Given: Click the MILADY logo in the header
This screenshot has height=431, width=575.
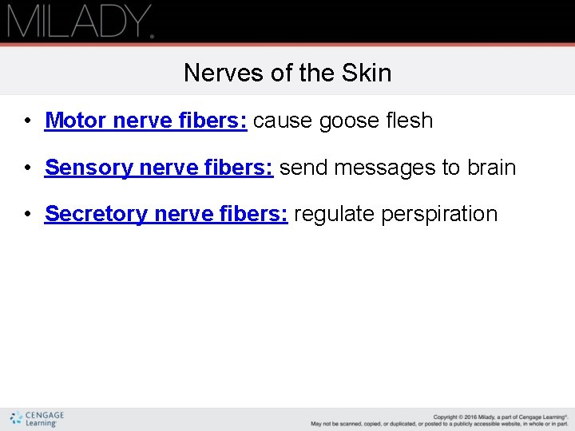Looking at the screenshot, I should (79, 22).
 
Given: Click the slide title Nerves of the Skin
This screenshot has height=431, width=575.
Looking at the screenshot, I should (287, 73).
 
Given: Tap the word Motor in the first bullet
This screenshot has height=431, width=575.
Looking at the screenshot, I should (77, 121).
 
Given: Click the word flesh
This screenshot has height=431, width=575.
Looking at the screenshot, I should (408, 121).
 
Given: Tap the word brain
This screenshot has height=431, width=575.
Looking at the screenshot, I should (492, 168).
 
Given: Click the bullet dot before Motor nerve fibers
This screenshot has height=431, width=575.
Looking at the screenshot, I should (27, 121).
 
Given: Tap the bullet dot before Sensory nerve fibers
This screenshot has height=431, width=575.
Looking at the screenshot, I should (27, 168).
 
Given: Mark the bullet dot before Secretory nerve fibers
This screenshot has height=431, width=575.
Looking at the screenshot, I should (27, 215).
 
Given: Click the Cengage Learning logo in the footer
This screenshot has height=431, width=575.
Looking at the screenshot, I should (37, 419).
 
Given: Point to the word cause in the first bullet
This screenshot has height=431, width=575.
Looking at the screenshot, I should (284, 121).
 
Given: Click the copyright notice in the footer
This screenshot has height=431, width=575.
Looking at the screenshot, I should (439, 420).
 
